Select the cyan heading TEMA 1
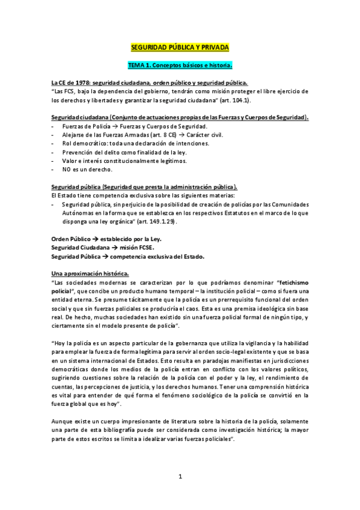pos(180,64)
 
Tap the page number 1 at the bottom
pos(180,477)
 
